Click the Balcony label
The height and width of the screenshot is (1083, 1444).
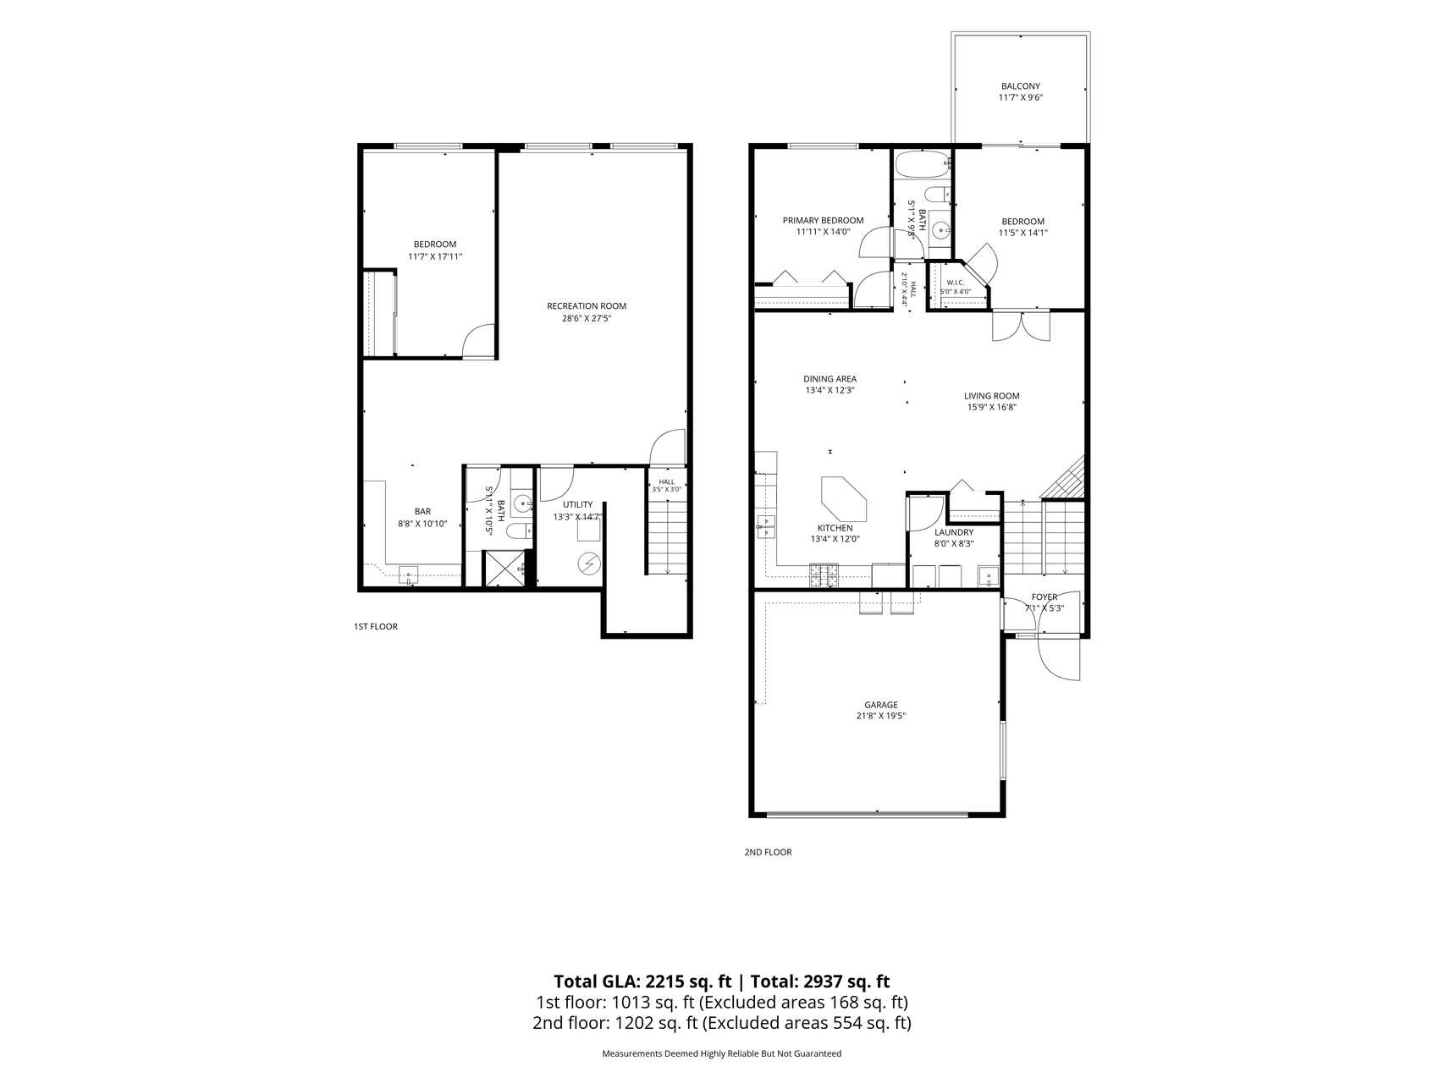1020,86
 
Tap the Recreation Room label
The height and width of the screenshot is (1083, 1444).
587,306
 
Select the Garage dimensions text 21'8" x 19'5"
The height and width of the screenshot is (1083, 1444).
880,716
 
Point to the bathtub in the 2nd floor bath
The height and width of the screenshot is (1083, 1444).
921,165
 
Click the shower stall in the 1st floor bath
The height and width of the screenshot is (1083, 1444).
504,569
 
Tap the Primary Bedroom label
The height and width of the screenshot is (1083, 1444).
823,221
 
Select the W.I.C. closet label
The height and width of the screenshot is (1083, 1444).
955,283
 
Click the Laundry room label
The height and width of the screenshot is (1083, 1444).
954,533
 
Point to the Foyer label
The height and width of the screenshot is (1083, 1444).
1044,597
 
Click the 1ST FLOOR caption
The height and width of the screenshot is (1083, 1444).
375,627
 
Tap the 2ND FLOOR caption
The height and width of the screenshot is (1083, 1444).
768,852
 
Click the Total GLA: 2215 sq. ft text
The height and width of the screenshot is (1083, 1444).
643,981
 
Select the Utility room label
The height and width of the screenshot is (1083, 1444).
578,505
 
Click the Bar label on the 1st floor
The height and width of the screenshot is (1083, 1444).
422,512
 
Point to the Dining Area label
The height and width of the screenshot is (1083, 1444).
830,379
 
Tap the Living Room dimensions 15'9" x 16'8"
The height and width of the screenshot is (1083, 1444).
991,407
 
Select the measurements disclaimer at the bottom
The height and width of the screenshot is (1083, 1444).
721,1054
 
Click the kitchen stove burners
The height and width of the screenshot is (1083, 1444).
824,575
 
